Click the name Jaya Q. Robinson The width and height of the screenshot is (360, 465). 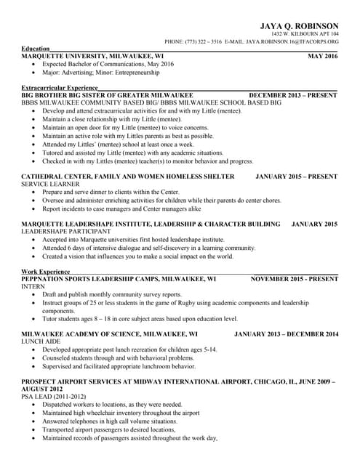point(299,25)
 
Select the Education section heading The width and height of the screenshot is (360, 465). point(36,49)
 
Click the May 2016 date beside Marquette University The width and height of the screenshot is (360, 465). point(322,56)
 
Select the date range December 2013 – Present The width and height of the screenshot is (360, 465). point(293,95)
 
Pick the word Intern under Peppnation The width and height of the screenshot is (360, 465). point(33,286)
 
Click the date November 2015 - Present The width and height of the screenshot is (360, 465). point(294,278)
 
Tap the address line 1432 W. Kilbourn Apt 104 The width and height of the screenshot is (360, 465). point(305,34)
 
